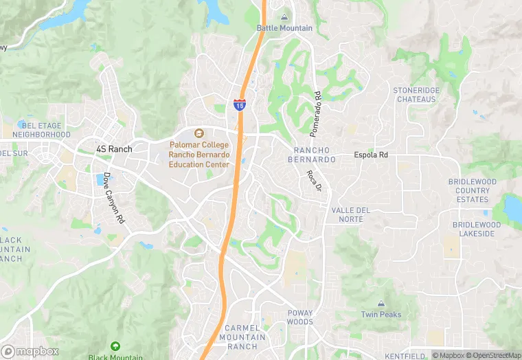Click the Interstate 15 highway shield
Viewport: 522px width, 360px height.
[x=240, y=104]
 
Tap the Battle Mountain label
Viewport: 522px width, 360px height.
[x=284, y=28]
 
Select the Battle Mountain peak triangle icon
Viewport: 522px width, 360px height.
[x=284, y=17]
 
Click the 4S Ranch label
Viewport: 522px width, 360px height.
[x=114, y=148]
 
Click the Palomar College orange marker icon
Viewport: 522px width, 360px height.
[x=199, y=133]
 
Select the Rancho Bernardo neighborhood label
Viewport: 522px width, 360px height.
[x=315, y=155]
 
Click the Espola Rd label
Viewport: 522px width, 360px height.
[x=371, y=155]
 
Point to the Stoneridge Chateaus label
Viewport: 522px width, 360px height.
[x=415, y=95]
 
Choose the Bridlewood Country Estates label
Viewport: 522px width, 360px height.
[x=473, y=190]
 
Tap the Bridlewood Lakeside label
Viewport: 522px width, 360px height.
[x=477, y=229]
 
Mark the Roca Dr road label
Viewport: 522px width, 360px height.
[x=315, y=181]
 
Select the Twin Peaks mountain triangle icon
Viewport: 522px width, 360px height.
[x=381, y=303]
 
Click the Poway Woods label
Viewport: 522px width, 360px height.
[x=300, y=317]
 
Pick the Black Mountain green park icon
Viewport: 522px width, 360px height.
[x=115, y=346]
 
